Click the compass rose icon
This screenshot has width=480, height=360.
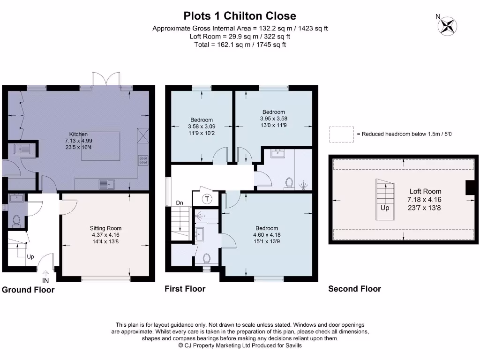[x=447, y=26]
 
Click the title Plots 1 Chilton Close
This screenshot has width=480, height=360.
[x=240, y=15]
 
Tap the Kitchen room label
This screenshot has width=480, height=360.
[x=78, y=134]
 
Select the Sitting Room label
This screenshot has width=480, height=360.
[x=105, y=228]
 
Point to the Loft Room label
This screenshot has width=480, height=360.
[x=426, y=191]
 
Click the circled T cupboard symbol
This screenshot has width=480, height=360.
[x=207, y=199]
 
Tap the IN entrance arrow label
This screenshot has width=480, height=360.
[x=45, y=280]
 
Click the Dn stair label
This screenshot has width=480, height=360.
[x=180, y=202]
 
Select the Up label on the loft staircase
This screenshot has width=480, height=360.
[x=385, y=208]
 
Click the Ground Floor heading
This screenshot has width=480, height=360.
[x=28, y=290]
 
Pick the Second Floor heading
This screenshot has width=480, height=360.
[x=354, y=289]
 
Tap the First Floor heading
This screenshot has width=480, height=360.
[x=185, y=289]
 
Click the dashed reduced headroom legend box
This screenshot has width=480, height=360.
[x=341, y=135]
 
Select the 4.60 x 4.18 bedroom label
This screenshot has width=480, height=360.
[x=267, y=235]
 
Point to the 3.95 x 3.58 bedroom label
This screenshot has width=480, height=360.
[x=274, y=119]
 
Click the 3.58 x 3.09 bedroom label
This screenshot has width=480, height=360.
[x=202, y=127]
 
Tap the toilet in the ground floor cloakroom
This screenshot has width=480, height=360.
[x=16, y=221]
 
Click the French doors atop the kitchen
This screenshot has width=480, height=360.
[x=106, y=79]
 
